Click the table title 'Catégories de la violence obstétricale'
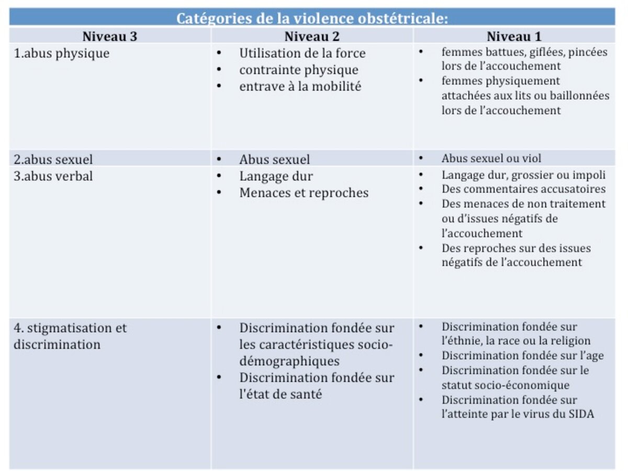pos(312,18)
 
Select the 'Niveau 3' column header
pos(110,36)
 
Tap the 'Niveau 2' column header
pos(312,36)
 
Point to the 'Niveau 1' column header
pos(514,36)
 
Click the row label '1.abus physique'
pos(62,53)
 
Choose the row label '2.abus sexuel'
pos(53,159)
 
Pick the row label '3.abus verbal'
pos(53,176)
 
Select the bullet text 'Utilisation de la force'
pos(302,53)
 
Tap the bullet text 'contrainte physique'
pos(299,70)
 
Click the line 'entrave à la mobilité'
pos(300,87)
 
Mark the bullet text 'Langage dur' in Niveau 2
pos(276,176)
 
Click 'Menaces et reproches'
pos(304,193)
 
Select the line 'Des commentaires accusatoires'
pos(523,189)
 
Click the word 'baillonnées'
pos(583,96)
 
